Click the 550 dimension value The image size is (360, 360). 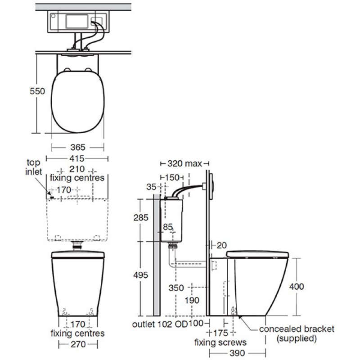point(37,91)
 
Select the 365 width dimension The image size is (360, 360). point(78,147)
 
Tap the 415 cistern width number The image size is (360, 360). point(77,158)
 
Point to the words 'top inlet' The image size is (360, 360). point(33,167)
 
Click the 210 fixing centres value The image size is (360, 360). point(77,169)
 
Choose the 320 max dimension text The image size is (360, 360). point(184,163)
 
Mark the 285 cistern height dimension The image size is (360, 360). point(141,217)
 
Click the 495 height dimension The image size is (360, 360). point(141,275)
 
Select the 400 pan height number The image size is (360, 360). point(297,287)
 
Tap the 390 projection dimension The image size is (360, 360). point(238,353)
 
